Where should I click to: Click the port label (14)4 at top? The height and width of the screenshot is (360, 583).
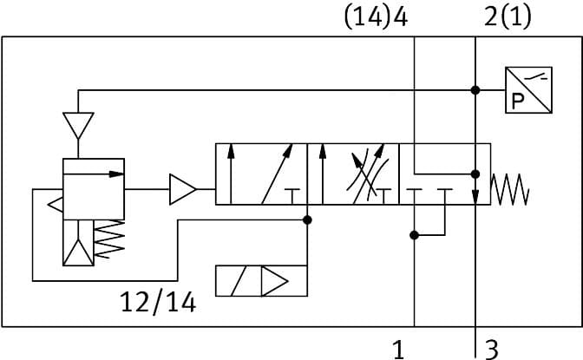376,17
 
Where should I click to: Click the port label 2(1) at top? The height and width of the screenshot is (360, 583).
508,17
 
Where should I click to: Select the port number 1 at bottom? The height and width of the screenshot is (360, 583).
398,350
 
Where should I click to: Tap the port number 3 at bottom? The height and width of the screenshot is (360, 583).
491,350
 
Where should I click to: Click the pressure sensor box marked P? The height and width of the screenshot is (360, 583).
527,90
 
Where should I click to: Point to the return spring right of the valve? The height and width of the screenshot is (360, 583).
510,189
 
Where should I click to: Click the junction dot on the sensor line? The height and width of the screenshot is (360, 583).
475,90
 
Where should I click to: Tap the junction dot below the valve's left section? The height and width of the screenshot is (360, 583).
307,220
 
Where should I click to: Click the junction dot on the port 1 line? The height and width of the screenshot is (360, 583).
415,234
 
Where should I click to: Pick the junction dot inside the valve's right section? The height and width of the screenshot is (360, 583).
475,173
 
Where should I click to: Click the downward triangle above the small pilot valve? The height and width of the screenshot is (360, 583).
78,126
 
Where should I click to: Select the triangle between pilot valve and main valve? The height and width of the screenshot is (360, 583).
182,189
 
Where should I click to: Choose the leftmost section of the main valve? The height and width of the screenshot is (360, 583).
261,174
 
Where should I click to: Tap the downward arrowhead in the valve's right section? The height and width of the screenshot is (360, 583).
475,197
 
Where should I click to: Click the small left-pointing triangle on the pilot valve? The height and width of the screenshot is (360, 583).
54,206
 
